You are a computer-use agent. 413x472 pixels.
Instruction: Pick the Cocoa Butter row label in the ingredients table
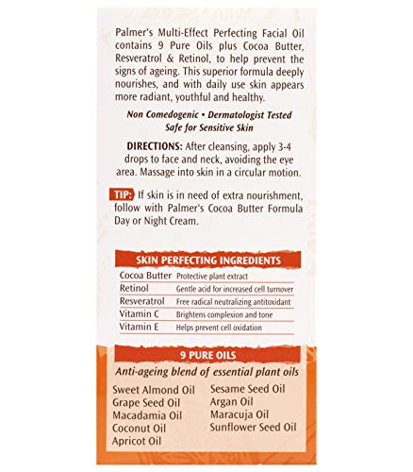pyautogui.click(x=145, y=274)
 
